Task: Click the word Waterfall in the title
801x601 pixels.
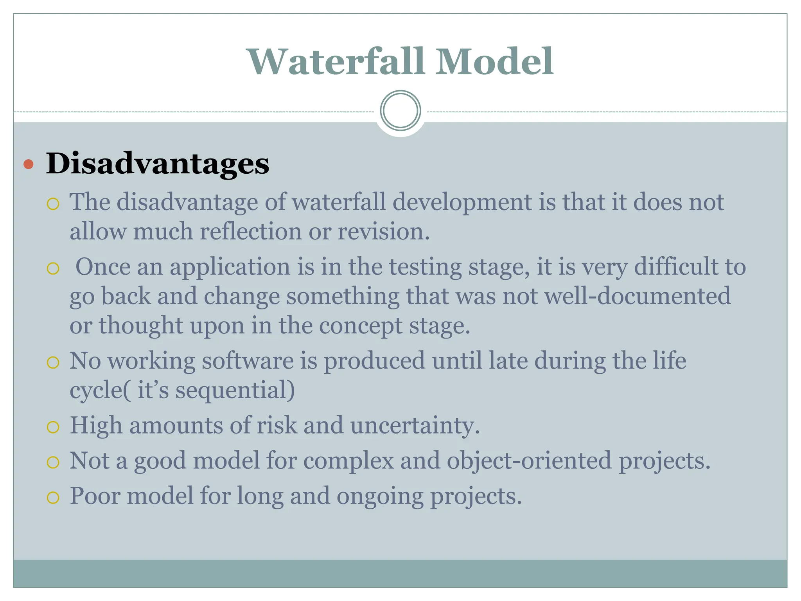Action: pos(336,61)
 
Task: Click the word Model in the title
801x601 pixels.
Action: pos(494,61)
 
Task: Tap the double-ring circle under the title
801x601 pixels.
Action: pos(400,110)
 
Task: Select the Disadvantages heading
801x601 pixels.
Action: pos(158,163)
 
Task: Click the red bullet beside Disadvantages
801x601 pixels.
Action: pos(28,164)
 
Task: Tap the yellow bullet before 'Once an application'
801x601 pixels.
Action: pos(53,268)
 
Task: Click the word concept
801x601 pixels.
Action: pos(360,326)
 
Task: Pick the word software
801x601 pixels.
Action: pos(248,360)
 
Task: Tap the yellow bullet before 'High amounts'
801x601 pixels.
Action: pos(53,427)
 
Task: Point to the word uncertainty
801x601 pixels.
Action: pos(415,425)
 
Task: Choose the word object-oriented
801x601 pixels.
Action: pos(529,461)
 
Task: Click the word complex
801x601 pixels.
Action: pos(348,461)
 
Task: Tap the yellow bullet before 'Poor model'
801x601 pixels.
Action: pos(53,498)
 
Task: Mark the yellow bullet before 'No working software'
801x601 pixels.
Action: pos(53,363)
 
